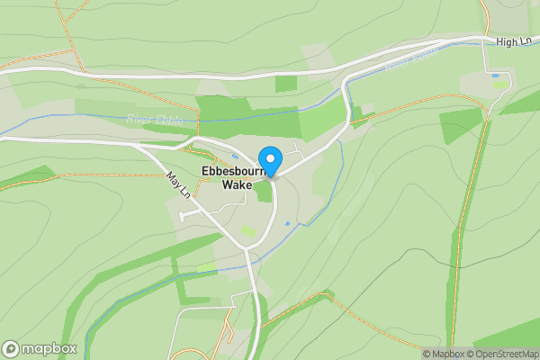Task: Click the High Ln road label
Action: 513,42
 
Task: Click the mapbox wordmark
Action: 50,348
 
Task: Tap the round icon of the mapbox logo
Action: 12,348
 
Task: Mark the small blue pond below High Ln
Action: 494,76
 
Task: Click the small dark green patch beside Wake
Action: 263,192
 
